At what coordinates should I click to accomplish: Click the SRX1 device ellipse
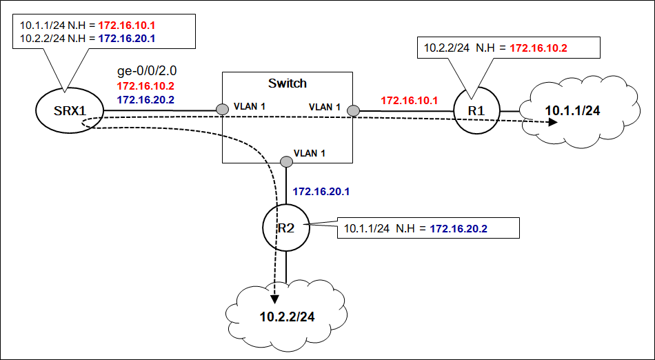pyautogui.click(x=69, y=110)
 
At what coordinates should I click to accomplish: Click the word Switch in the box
pyautogui.click(x=287, y=83)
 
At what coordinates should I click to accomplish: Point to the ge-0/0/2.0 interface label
pyautogui.click(x=149, y=71)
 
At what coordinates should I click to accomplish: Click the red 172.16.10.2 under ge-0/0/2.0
pyautogui.click(x=145, y=86)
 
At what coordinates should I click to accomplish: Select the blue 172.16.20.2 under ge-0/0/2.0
pyautogui.click(x=145, y=100)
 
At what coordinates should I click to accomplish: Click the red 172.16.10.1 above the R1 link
pyautogui.click(x=410, y=101)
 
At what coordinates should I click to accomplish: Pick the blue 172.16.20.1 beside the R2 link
pyautogui.click(x=321, y=191)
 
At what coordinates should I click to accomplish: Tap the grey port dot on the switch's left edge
pyautogui.click(x=222, y=110)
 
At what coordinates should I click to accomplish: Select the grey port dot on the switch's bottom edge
pyautogui.click(x=286, y=162)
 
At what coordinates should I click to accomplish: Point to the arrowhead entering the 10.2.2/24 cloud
pyautogui.click(x=274, y=299)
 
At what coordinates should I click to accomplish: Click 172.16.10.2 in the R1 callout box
pyautogui.click(x=538, y=48)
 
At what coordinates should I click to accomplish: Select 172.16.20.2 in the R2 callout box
pyautogui.click(x=458, y=228)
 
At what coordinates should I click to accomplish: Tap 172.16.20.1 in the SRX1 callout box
pyautogui.click(x=126, y=38)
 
